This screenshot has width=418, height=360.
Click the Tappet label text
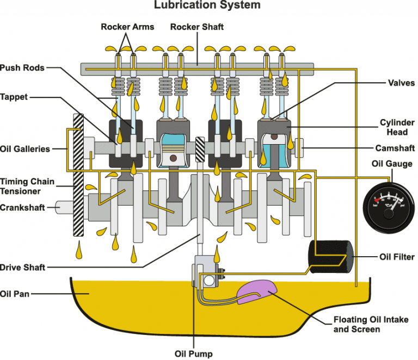[15, 97]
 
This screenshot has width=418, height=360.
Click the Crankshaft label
[22, 207]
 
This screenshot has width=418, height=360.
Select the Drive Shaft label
[23, 267]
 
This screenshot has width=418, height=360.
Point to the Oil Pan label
[15, 294]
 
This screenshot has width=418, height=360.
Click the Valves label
[402, 83]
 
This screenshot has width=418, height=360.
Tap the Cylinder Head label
[397, 127]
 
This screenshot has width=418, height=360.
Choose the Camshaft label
[395, 148]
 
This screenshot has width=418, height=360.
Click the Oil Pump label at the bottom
[193, 353]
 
